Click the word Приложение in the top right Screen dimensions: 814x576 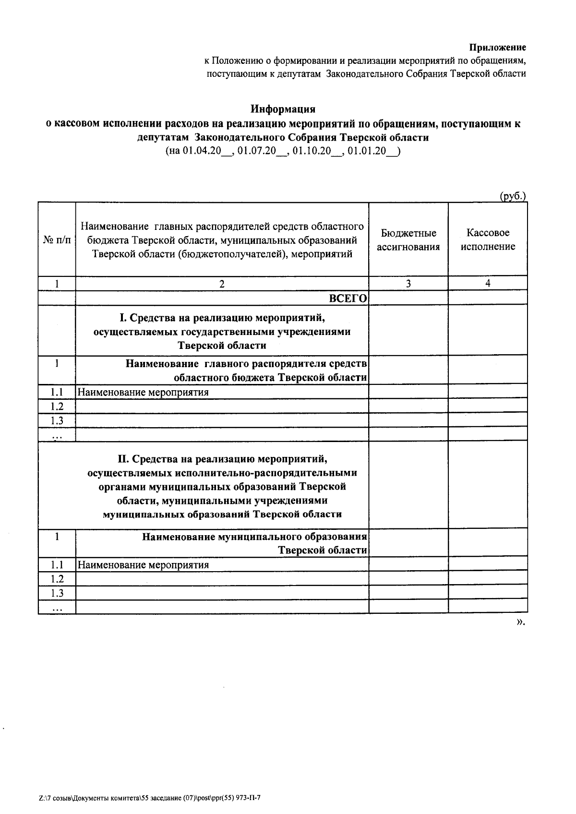pos(497,48)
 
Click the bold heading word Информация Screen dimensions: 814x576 pos(283,109)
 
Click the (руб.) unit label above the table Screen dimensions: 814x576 pos(513,196)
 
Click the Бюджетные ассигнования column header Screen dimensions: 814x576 pos(408,240)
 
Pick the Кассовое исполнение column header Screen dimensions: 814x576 pos(488,240)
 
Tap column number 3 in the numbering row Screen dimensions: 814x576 pos(408,284)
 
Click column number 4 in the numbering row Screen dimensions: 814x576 pos(488,284)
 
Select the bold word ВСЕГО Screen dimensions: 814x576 pos(348,299)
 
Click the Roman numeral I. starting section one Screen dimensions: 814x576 pos(123,318)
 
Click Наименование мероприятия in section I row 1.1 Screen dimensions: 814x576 pos(143,393)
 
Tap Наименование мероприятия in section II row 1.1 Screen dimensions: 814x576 pos(143,565)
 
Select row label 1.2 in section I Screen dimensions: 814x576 pos(57,407)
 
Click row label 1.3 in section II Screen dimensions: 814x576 pos(57,593)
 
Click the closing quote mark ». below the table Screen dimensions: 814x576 pos(521,622)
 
